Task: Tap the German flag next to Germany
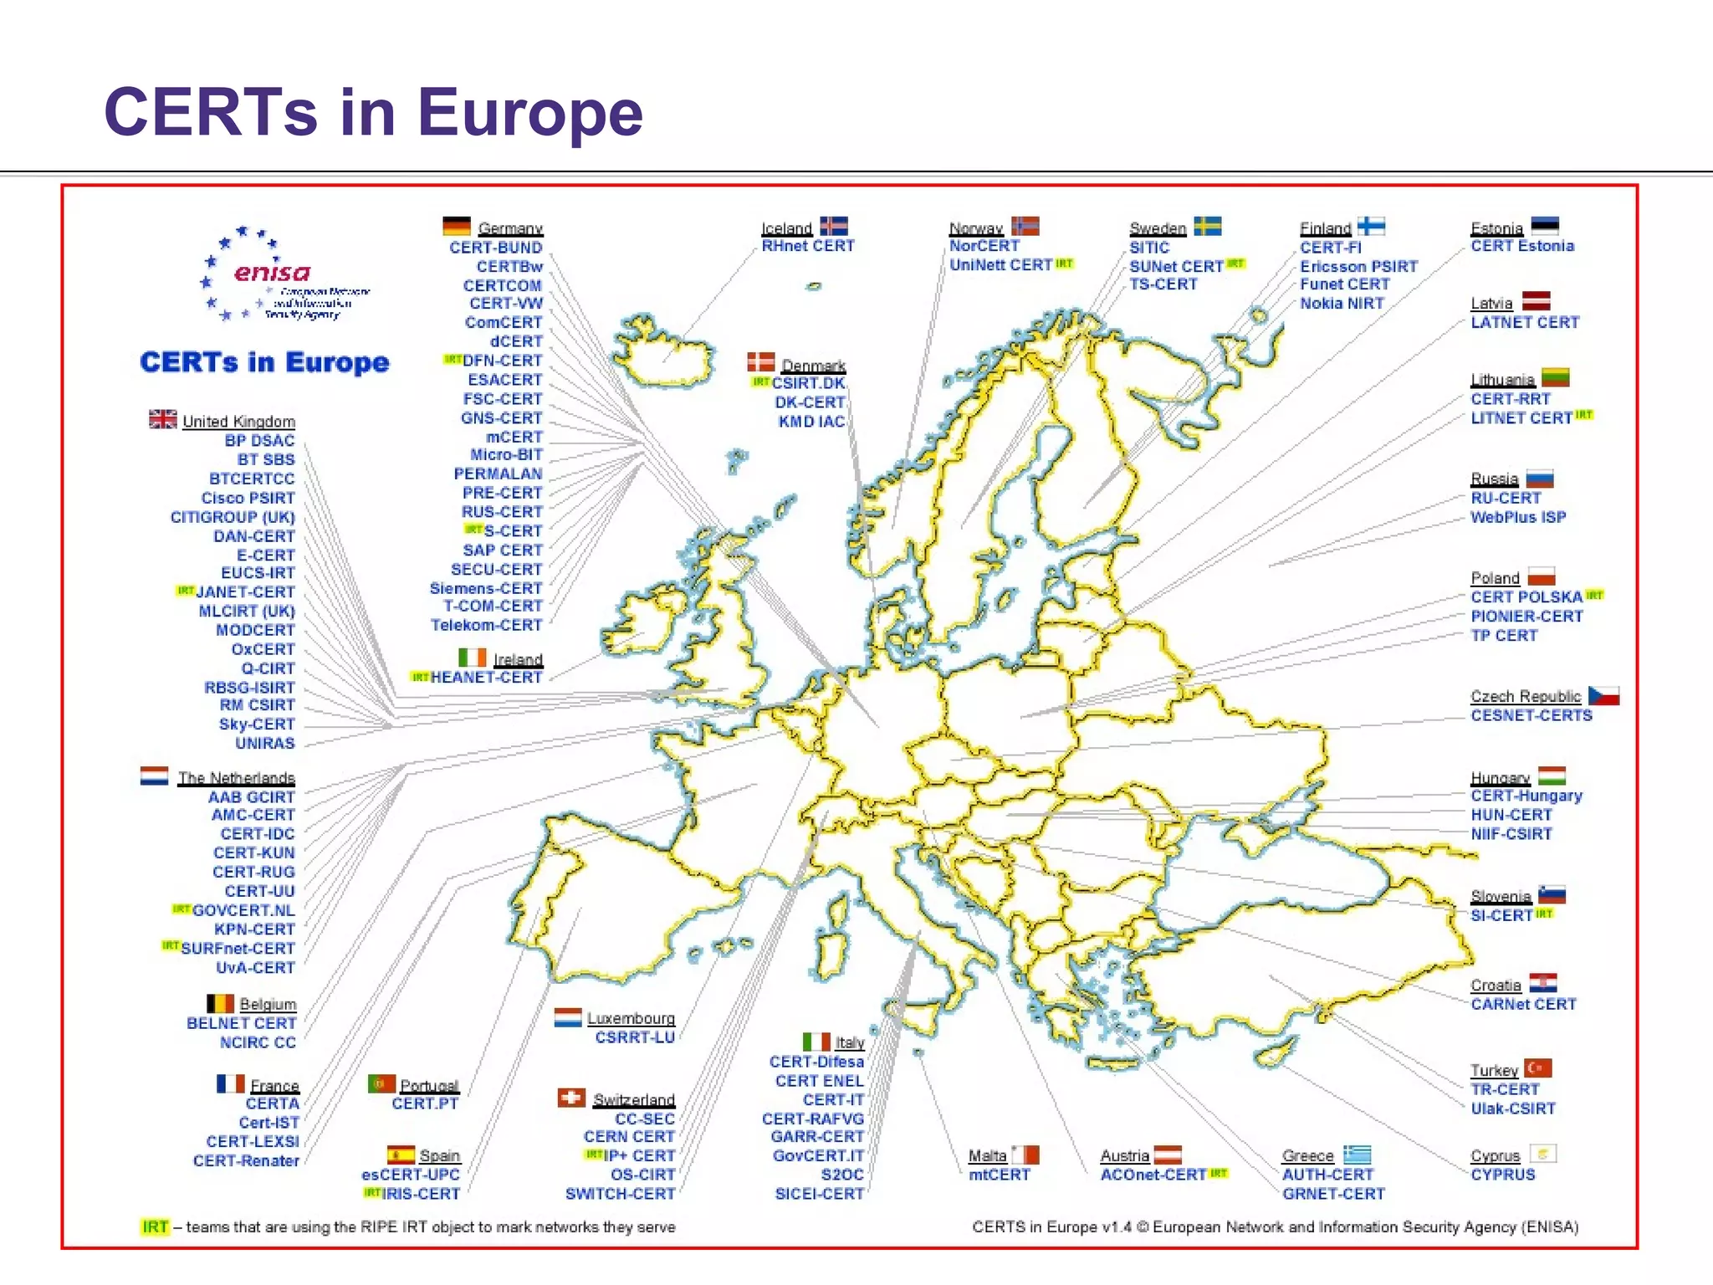pyautogui.click(x=457, y=226)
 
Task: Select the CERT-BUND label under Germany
pyautogui.click(x=496, y=248)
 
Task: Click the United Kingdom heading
pyautogui.click(x=238, y=421)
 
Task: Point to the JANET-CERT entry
pyautogui.click(x=245, y=591)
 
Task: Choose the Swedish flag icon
pyautogui.click(x=1207, y=226)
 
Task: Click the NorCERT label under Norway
pyautogui.click(x=984, y=246)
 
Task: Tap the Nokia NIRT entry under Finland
pyautogui.click(x=1342, y=304)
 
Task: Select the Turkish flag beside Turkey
pyautogui.click(x=1537, y=1068)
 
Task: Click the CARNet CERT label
pyautogui.click(x=1523, y=1004)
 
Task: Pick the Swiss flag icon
pyautogui.click(x=572, y=1097)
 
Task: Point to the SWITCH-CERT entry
pyautogui.click(x=620, y=1194)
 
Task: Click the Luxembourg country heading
pyautogui.click(x=631, y=1018)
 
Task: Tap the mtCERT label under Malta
pyautogui.click(x=999, y=1175)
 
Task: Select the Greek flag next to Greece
pyautogui.click(x=1357, y=1154)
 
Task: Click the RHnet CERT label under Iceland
pyautogui.click(x=808, y=246)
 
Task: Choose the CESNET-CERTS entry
pyautogui.click(x=1531, y=715)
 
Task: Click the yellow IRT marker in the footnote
pyautogui.click(x=155, y=1226)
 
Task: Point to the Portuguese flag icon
pyautogui.click(x=381, y=1083)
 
